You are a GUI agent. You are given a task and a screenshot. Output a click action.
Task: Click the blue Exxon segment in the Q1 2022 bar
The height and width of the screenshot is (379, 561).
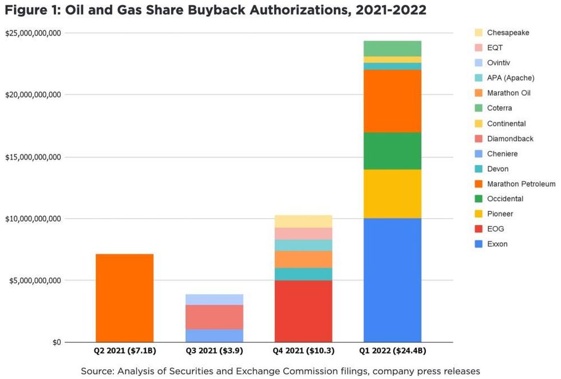(x=392, y=280)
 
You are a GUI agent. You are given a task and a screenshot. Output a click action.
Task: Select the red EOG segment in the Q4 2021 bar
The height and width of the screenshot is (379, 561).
(x=303, y=311)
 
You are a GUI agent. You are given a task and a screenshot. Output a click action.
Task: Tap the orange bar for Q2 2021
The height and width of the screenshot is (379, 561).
(x=124, y=298)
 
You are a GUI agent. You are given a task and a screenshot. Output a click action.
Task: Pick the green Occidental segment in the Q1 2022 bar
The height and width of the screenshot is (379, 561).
(x=392, y=151)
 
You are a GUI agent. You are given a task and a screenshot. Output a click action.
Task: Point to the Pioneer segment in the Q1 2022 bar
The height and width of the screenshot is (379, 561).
(x=392, y=194)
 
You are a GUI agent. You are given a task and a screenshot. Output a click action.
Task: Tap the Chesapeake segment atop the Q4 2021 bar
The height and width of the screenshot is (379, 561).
(x=303, y=221)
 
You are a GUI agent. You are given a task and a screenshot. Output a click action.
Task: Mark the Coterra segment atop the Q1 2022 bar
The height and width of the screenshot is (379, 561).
(x=392, y=49)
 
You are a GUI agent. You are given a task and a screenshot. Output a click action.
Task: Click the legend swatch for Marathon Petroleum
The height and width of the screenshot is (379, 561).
(x=479, y=184)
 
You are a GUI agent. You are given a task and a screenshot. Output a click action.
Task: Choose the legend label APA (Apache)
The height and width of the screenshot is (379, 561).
(x=511, y=78)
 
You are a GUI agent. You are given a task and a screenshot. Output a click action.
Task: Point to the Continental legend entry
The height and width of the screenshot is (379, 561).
(x=506, y=124)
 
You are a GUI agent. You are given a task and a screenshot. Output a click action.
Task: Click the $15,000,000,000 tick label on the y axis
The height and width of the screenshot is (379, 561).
(x=33, y=157)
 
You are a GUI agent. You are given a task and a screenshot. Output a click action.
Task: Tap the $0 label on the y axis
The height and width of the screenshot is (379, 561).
(x=56, y=342)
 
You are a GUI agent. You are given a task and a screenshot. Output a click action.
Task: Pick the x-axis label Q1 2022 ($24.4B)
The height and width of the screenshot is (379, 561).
(x=392, y=350)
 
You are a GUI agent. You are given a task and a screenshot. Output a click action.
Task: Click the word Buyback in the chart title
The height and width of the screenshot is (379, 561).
(x=216, y=10)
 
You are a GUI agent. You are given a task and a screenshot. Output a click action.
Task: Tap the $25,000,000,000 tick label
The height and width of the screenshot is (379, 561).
(x=33, y=33)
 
